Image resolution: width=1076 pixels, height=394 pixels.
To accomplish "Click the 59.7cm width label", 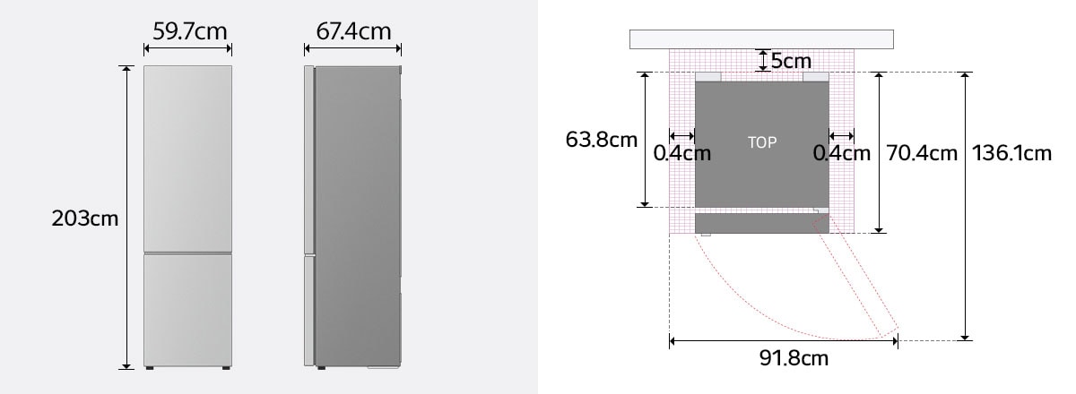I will coord(189,32).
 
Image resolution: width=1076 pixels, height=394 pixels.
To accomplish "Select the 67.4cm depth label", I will coord(353,32).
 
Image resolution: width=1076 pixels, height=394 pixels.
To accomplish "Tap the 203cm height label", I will coord(85,218).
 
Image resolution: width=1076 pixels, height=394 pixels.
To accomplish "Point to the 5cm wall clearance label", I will coord(791,61).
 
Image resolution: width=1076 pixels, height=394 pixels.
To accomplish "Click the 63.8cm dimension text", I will coord(602,141).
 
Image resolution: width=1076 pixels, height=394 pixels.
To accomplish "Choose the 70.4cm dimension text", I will coord(922,153).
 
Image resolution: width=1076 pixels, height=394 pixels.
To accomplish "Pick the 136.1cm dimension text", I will coord(1011,153).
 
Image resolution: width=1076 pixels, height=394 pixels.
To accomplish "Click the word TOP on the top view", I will coord(762,142).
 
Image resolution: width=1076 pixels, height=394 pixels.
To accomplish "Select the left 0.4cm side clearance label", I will coord(681,153).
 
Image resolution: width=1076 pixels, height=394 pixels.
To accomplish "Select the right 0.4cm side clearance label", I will coord(841,153).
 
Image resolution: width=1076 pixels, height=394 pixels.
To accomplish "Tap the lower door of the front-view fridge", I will coord(188,309).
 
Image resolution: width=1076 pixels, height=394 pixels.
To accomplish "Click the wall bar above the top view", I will coord(761,39).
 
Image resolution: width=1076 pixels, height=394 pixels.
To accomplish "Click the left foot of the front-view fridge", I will coord(150,367).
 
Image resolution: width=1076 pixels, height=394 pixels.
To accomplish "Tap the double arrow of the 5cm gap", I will coord(762,60).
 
